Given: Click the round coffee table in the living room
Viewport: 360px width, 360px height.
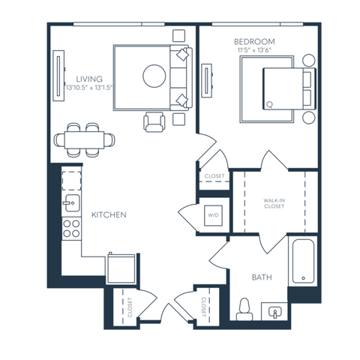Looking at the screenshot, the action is tap(154, 76).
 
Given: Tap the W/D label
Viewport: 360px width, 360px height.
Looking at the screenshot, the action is tap(213, 215).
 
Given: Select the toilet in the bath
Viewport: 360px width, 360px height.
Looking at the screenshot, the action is tap(244, 309).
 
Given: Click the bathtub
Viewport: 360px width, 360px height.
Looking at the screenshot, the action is tap(303, 261).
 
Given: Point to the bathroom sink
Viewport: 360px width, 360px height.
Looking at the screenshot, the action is tap(274, 312).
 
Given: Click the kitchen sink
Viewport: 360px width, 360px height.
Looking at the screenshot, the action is tap(72, 203).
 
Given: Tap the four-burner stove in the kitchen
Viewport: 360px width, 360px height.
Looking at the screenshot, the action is tap(71, 229).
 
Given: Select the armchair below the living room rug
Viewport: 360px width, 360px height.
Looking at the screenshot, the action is tap(154, 121).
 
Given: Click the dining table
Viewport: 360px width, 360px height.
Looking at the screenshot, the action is tap(84, 140).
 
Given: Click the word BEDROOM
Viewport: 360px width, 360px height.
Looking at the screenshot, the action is tap(254, 41).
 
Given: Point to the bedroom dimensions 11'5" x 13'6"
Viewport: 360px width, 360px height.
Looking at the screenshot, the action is tap(254, 50).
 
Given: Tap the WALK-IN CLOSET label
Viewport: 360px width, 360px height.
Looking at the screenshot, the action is tap(274, 203).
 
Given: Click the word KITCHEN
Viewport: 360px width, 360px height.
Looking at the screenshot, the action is tap(109, 214).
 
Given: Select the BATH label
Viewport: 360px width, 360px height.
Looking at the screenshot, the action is tap(262, 277).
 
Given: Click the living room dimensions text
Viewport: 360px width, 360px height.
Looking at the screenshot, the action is tap(89, 88).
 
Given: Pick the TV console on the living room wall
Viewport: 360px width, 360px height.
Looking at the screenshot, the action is tap(58, 76).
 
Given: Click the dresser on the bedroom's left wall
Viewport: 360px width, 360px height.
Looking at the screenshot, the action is tap(207, 81).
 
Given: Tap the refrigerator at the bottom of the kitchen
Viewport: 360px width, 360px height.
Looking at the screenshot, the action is tap(121, 268).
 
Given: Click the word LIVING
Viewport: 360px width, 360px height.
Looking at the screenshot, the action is tap(89, 79).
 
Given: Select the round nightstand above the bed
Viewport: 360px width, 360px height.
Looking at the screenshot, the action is tap(309, 60).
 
